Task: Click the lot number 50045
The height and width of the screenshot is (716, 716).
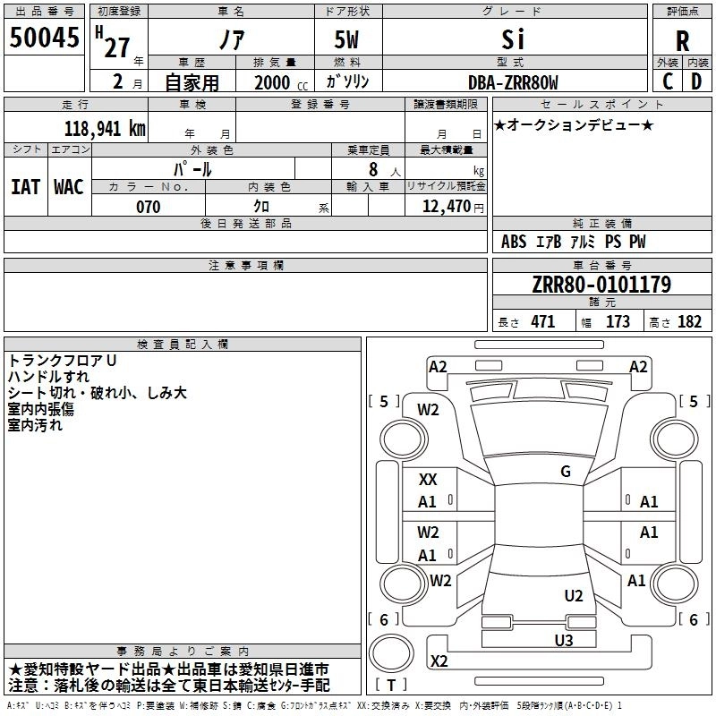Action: point(44,38)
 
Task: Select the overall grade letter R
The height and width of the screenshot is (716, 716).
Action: point(682,41)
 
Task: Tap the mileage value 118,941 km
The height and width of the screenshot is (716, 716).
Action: point(105,129)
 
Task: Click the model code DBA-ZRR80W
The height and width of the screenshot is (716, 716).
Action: point(513,82)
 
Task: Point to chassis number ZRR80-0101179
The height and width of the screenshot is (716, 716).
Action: point(601,285)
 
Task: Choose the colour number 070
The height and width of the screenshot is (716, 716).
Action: point(149,207)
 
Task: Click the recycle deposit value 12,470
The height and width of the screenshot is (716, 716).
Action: point(446,207)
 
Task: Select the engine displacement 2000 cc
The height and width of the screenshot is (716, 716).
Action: point(281,82)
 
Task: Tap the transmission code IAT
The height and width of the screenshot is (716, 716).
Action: point(26,187)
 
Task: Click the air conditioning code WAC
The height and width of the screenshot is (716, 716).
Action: point(69,187)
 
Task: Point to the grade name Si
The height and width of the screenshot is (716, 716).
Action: point(513,39)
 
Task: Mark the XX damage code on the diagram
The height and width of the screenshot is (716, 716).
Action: point(428,480)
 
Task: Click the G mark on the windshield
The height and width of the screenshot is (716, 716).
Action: point(566,472)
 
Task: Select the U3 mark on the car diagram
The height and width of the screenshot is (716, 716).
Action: point(564,641)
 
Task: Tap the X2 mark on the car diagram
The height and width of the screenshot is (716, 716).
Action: point(439,661)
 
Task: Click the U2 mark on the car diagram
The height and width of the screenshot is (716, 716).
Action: point(574,596)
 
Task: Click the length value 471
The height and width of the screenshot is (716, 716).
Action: point(543,321)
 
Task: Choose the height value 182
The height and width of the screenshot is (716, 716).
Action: point(689,321)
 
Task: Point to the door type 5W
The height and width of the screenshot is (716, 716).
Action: point(346,39)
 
